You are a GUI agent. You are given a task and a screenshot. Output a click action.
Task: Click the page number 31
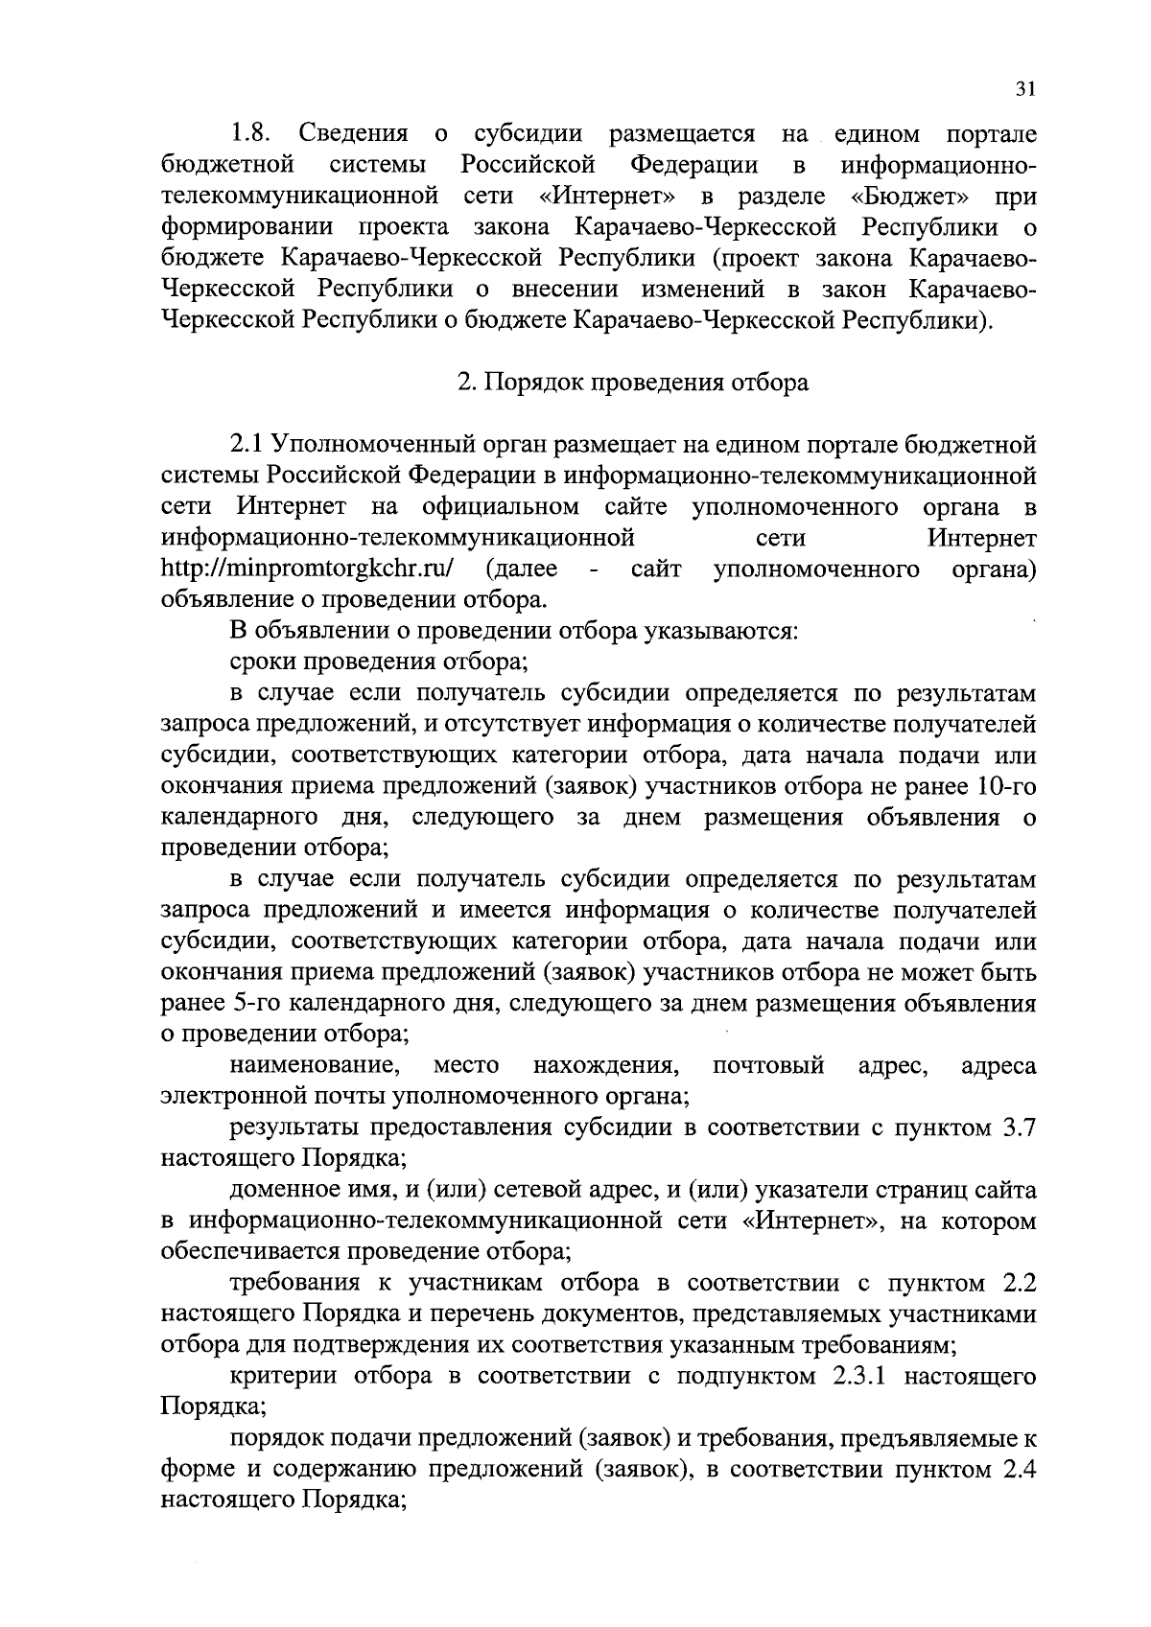(1024, 89)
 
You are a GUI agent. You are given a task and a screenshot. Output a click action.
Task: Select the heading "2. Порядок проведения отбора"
(633, 383)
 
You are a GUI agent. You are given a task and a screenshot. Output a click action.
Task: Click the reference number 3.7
(1017, 1127)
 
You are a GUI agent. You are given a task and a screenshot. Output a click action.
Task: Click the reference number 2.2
(1017, 1283)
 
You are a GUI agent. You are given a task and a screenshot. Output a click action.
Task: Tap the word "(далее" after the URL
(522, 569)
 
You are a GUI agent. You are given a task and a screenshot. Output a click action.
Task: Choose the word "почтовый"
(769, 1066)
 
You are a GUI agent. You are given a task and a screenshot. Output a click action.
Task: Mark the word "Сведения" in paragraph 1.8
(354, 133)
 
